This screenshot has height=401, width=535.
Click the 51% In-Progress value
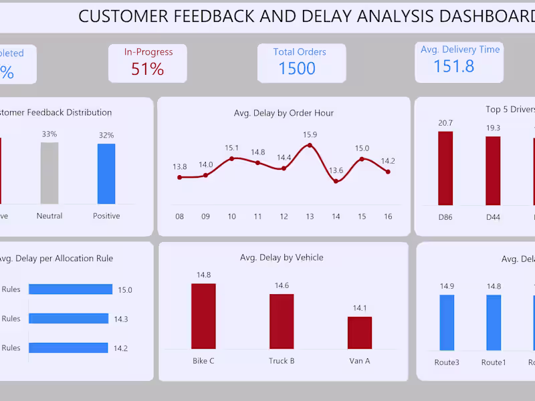coord(148,69)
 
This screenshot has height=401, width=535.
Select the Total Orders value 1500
coord(297,68)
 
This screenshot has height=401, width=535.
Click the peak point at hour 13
coord(309,145)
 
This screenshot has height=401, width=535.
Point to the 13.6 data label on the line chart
coord(336,170)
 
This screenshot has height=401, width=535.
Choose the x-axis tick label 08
coord(179,217)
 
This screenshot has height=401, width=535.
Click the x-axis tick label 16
coord(388,217)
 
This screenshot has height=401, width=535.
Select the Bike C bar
coord(203,315)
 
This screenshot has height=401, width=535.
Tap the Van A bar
coord(360,332)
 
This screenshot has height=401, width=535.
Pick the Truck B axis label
coord(282,361)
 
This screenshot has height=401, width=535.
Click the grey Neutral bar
coord(49,173)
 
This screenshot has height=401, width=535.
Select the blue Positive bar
coord(106,174)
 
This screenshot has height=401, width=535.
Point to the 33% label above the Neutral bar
coord(49,134)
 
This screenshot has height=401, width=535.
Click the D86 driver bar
coord(445,168)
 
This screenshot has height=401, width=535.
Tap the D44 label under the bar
coord(493,217)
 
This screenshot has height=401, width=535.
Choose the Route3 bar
coord(447,323)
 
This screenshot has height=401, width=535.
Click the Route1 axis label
coord(494,362)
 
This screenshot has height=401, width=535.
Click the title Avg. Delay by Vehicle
coord(282,257)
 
